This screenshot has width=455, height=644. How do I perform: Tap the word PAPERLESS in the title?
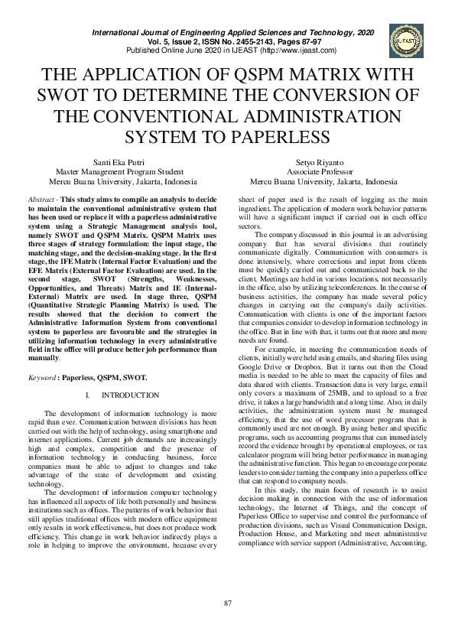pos(265,137)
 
